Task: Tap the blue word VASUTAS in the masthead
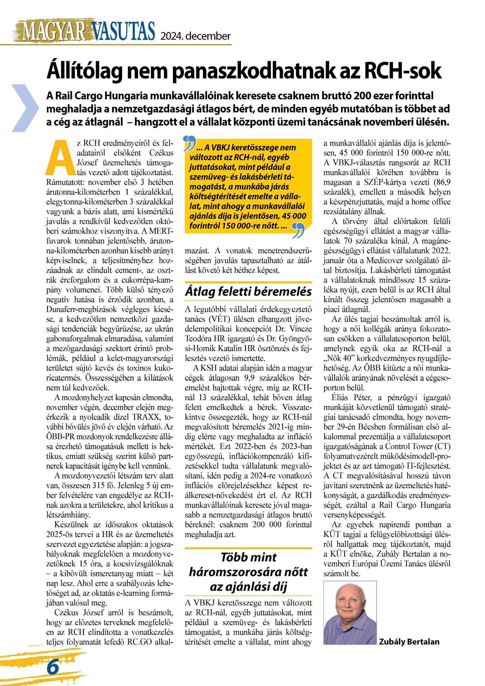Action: click(124, 31)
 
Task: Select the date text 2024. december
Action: click(196, 36)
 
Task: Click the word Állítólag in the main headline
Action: click(85, 71)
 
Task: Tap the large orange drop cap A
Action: click(60, 158)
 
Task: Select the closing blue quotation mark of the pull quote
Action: click(298, 230)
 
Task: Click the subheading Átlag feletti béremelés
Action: click(248, 292)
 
